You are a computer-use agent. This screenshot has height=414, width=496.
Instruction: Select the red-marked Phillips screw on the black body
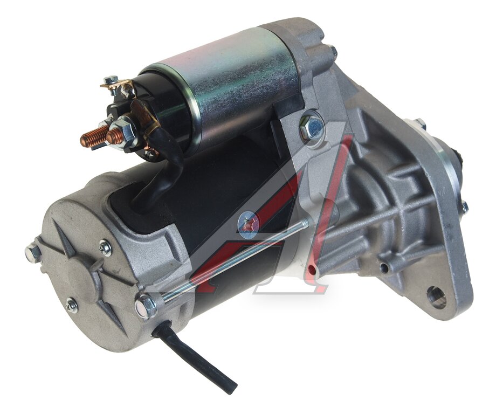coord(249,225)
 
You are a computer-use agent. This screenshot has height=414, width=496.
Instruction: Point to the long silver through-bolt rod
coord(236,260)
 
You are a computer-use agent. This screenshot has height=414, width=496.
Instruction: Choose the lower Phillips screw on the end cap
coord(72,305)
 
